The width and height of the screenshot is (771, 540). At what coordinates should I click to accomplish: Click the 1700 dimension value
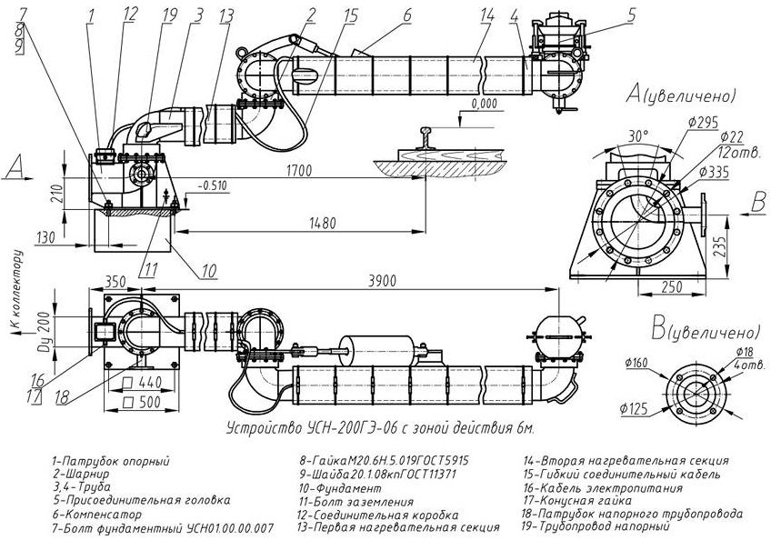(x=299, y=171)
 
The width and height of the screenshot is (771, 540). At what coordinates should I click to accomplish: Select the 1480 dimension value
(x=323, y=223)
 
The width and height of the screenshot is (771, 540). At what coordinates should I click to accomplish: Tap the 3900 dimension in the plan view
(x=382, y=281)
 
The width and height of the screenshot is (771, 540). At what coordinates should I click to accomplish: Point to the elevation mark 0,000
(x=484, y=104)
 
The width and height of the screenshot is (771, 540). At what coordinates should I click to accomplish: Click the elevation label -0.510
(x=212, y=185)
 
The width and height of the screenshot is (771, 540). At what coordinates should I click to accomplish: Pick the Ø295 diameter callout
(x=703, y=122)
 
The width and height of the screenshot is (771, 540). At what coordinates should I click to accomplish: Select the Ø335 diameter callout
(x=714, y=172)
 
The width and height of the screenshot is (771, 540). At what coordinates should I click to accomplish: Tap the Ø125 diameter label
(x=635, y=409)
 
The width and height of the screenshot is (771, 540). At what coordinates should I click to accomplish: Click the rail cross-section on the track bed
(x=426, y=139)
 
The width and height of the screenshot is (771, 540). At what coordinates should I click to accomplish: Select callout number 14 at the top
(x=486, y=15)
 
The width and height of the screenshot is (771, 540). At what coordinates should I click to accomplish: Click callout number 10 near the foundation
(x=209, y=271)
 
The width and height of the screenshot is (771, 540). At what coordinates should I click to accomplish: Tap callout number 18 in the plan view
(x=62, y=397)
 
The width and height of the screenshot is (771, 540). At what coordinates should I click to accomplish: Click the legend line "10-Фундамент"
(x=340, y=488)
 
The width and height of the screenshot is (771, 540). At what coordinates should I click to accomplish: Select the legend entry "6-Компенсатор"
(x=98, y=515)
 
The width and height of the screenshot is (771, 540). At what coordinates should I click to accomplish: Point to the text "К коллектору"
(x=17, y=289)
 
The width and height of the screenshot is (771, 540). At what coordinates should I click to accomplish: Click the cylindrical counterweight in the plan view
(x=377, y=351)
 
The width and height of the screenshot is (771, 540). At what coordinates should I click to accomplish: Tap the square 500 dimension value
(x=143, y=402)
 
